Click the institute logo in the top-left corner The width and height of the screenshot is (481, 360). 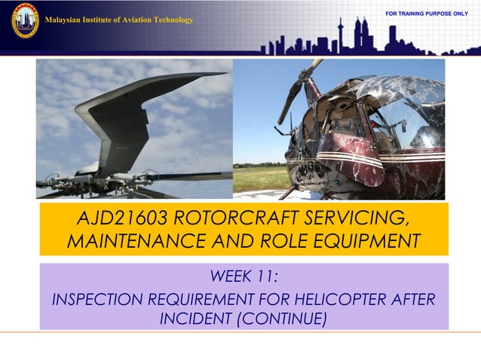25,20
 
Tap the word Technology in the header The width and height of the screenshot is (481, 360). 173,20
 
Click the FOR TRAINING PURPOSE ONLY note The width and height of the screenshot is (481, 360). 427,14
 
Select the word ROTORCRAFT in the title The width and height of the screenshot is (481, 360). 233,218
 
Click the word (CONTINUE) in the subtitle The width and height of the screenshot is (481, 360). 281,319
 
